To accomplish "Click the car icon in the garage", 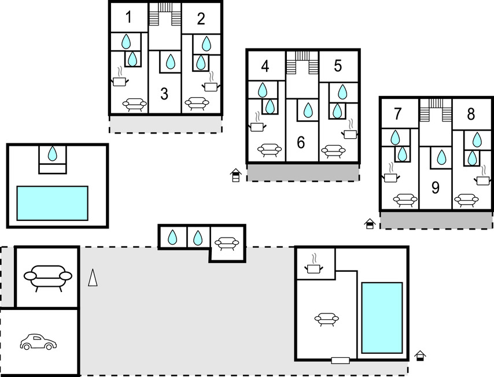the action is pos(38,342).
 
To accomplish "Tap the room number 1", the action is pos(128,17).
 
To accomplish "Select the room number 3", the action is pos(164,94).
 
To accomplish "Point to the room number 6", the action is pos(301,142).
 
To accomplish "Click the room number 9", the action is pos(435,187).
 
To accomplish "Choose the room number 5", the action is pos(338,65).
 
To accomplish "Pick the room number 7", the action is pos(397,114).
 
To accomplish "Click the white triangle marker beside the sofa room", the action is pos(93,278).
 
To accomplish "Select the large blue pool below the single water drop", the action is pos(52,203).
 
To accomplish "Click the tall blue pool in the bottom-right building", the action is pos(382,318).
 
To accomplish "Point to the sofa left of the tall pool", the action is pos(327,319).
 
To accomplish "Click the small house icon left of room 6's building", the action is pos(235,175).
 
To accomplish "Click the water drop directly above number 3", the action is pos(171,61).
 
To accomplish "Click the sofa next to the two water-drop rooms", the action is pos(227,243).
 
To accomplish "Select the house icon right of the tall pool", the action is pos(420,356).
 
